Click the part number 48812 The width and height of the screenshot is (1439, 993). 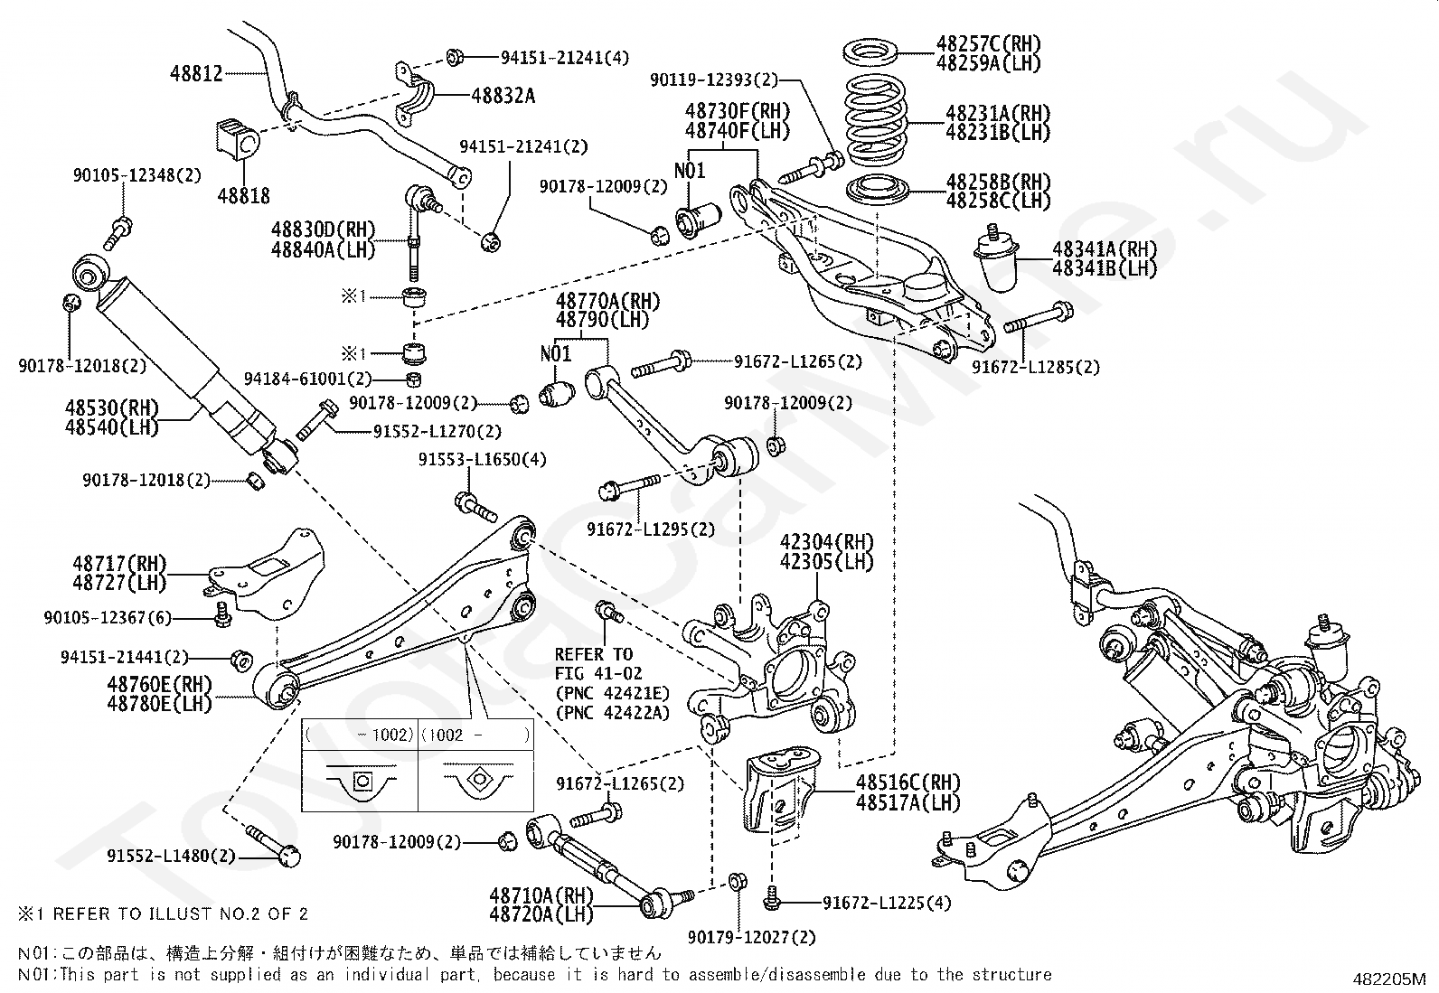[196, 73]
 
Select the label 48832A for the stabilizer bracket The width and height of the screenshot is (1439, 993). [503, 95]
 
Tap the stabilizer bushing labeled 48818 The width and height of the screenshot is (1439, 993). [238, 137]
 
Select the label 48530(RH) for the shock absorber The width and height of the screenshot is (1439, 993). [111, 408]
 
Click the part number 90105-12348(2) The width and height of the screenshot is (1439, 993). [137, 175]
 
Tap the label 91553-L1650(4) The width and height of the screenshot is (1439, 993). [482, 460]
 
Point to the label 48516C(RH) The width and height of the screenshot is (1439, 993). [908, 782]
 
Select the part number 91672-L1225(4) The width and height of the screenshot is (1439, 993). [887, 903]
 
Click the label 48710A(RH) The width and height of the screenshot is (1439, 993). [541, 895]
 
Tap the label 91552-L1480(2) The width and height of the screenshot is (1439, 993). [171, 856]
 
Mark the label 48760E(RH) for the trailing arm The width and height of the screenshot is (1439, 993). [159, 683]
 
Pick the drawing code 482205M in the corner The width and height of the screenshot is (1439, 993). [1388, 979]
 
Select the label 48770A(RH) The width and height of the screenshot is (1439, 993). [607, 301]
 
